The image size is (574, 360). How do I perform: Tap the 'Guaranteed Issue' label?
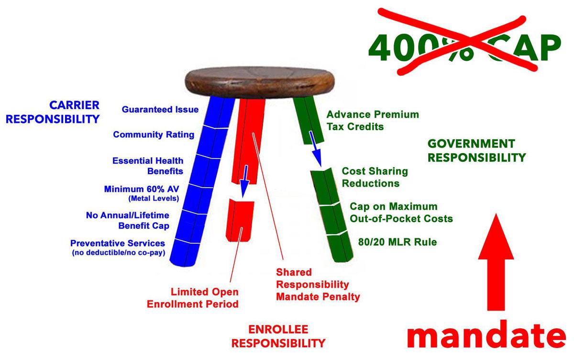click(x=160, y=110)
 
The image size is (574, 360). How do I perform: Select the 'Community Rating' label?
click(x=154, y=135)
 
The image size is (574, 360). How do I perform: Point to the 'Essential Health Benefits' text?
click(x=148, y=165)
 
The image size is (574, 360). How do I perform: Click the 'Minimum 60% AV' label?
click(x=141, y=189)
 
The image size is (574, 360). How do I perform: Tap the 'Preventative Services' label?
click(x=118, y=243)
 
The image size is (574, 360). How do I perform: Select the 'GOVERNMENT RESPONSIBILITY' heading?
click(x=476, y=150)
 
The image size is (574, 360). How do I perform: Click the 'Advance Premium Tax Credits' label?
click(x=372, y=121)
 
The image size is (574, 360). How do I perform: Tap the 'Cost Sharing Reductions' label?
click(x=375, y=177)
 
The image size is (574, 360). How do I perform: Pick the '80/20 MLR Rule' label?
click(x=397, y=242)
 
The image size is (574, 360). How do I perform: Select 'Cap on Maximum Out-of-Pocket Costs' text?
click(x=401, y=213)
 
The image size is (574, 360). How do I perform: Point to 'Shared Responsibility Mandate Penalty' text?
click(x=318, y=284)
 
